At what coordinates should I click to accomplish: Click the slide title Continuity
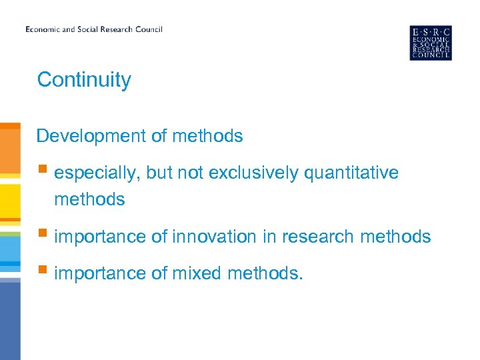pos(84,80)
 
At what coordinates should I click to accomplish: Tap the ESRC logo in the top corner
pos(430,43)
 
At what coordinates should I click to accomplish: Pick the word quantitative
pos(351,173)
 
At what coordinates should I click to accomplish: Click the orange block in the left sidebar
pos(10,150)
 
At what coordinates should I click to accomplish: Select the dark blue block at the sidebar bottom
pos(10,320)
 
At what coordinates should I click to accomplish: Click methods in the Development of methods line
pos(207,136)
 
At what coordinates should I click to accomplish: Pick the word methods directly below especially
pos(89,199)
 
